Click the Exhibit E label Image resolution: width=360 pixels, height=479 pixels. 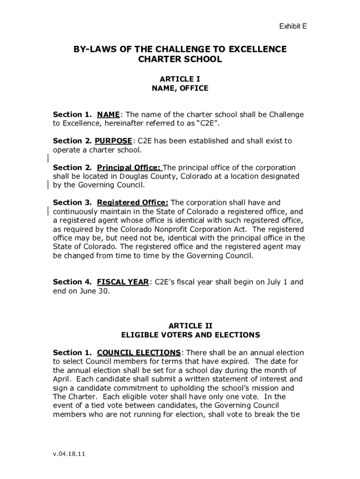click(293, 27)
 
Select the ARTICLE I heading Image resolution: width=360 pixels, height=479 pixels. click(180, 79)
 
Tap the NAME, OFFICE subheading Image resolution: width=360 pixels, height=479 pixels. click(180, 88)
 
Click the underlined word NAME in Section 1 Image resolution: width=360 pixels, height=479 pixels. click(108, 115)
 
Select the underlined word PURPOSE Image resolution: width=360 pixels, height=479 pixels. click(114, 141)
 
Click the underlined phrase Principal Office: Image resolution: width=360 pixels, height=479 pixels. click(129, 167)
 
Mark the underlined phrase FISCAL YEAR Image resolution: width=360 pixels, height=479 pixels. click(123, 282)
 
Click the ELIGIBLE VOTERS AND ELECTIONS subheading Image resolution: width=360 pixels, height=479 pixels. click(190, 335)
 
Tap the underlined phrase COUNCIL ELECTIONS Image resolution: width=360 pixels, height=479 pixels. click(138, 352)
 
